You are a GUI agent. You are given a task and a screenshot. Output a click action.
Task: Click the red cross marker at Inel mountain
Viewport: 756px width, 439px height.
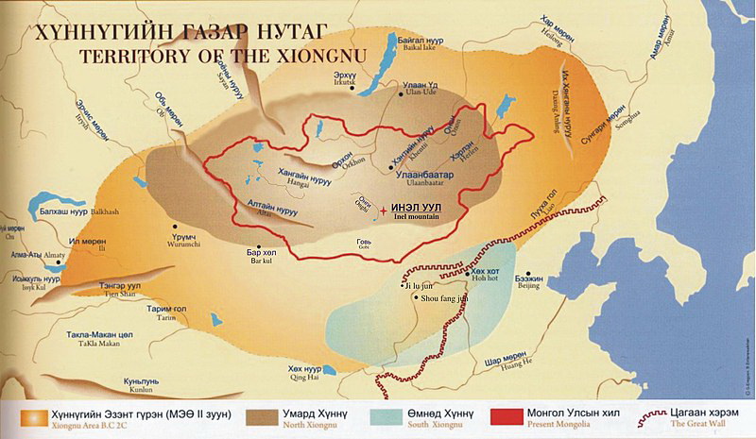(x=383, y=211)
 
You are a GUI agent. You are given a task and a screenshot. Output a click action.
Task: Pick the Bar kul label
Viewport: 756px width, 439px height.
(x=260, y=259)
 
